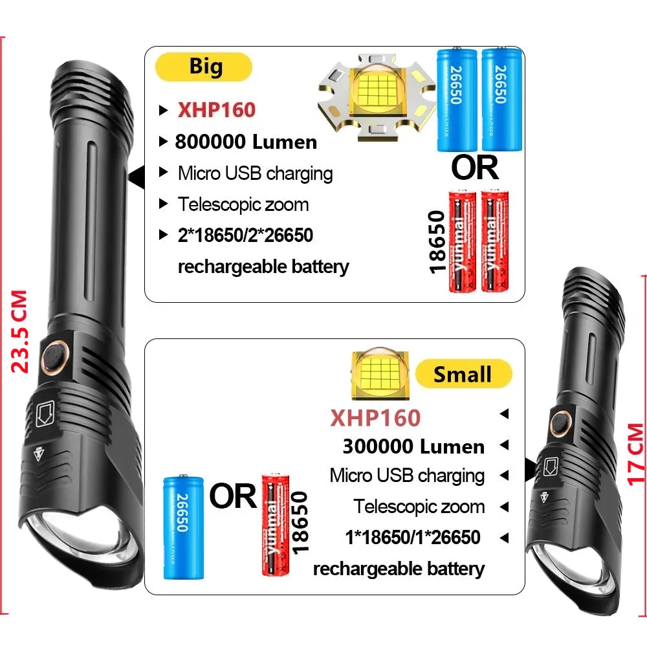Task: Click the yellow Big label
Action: coord(204,67)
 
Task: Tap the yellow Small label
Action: coord(463,374)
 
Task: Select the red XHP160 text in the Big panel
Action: coord(217,110)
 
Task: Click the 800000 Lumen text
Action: coord(246,142)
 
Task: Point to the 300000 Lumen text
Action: coord(413,446)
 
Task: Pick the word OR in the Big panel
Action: coord(475,167)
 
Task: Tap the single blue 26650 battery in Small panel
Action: coord(183,527)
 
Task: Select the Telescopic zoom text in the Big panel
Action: coord(243,204)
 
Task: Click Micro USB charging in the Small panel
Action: coord(407,476)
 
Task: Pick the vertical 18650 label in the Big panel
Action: coord(438,240)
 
